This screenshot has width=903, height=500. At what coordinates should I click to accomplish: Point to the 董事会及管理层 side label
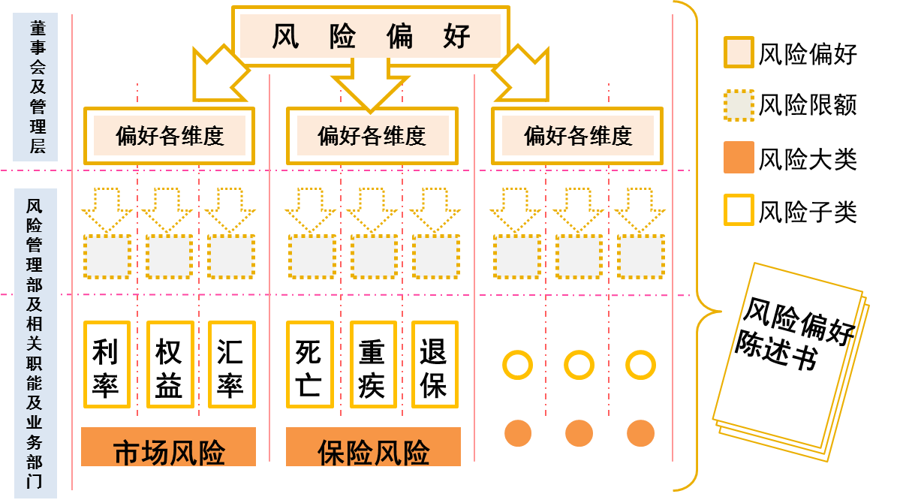click(x=35, y=87)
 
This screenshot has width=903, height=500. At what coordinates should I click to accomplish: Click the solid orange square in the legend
click(x=739, y=157)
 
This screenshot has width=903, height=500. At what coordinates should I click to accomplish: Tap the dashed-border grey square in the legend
click(x=739, y=105)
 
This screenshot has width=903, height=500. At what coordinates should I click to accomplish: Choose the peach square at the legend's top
click(x=739, y=53)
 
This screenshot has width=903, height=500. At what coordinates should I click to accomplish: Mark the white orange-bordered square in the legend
click(x=739, y=209)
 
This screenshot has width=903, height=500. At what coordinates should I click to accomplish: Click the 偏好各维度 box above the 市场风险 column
click(x=169, y=136)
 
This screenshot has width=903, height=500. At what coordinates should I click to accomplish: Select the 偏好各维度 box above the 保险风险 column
click(x=372, y=136)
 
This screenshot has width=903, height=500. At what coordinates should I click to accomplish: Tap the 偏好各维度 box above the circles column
click(x=577, y=136)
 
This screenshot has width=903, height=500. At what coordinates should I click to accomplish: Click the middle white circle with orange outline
click(x=579, y=366)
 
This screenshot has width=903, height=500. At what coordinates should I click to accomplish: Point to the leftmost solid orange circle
click(x=517, y=433)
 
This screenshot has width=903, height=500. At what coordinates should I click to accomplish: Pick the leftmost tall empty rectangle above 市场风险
click(x=107, y=364)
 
